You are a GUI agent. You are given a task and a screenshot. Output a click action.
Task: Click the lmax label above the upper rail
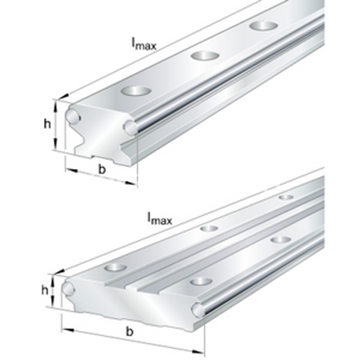pyautogui.click(x=143, y=43)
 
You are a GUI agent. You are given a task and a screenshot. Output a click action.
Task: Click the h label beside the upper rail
pyautogui.click(x=48, y=124)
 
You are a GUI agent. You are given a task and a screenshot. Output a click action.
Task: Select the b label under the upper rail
pyautogui.click(x=102, y=169)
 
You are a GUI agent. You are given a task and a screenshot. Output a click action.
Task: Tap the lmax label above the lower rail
pyautogui.click(x=159, y=218)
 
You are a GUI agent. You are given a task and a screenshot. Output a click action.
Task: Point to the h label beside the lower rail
pyautogui.click(x=44, y=291)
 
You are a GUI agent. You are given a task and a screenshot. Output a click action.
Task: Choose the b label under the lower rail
pyautogui.click(x=130, y=332)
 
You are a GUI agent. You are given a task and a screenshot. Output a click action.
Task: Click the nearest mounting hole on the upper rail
pyautogui.click(x=136, y=90)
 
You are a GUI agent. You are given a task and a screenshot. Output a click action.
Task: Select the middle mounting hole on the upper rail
pyautogui.click(x=205, y=55)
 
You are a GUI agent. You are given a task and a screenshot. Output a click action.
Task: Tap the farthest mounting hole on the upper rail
pyautogui.click(x=264, y=25)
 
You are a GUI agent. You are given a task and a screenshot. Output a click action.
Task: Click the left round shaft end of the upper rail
pyautogui.click(x=72, y=116)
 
